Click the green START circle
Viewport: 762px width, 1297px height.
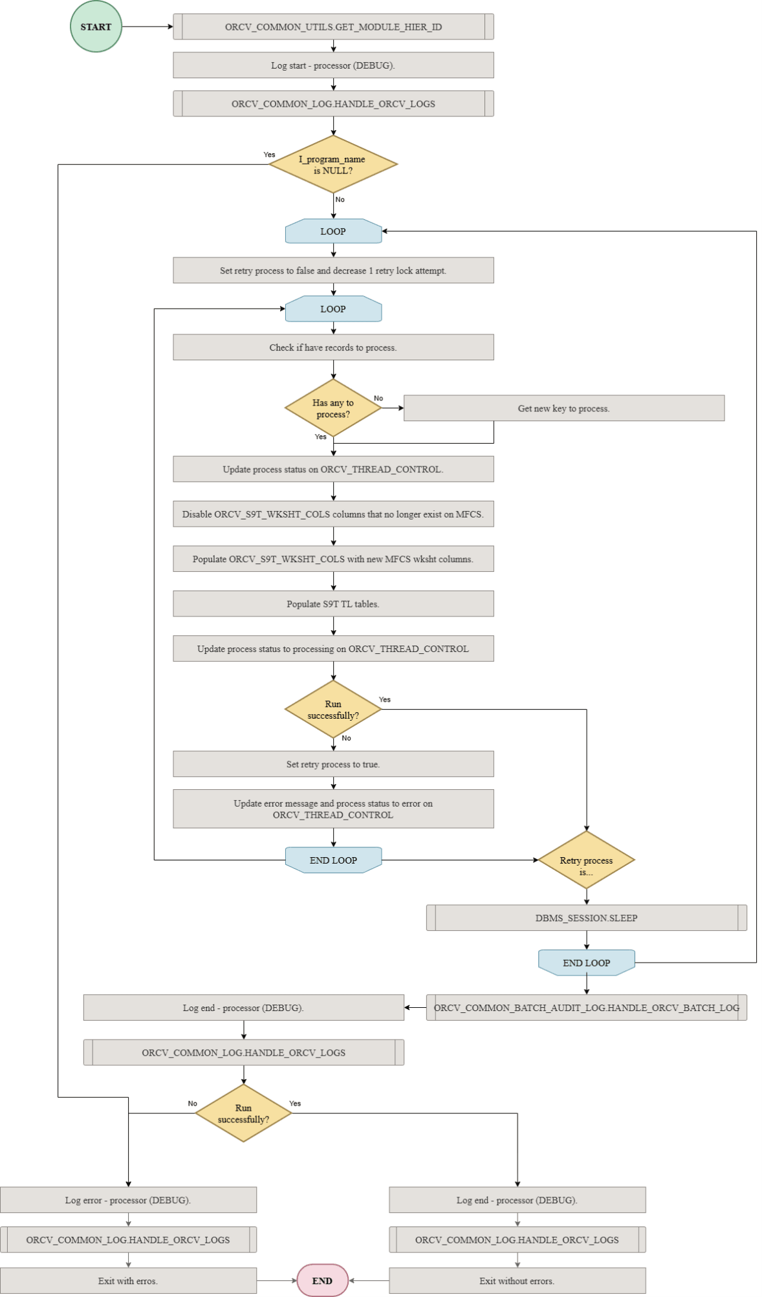click(96, 27)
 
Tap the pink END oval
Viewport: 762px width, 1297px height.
click(322, 1280)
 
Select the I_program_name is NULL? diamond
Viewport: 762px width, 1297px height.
click(333, 164)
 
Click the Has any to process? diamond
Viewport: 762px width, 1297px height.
click(333, 408)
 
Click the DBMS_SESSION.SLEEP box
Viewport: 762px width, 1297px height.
click(586, 918)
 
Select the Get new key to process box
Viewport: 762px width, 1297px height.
click(563, 408)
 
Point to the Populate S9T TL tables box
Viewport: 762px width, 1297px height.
click(333, 604)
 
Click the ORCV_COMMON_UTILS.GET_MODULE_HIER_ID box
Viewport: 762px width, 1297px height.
click(333, 27)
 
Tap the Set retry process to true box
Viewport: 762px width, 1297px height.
click(333, 764)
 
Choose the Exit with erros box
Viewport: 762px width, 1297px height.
click(128, 1281)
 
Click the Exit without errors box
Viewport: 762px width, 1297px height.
click(517, 1281)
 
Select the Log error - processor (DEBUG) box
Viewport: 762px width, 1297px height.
click(128, 1200)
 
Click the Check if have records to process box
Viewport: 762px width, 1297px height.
click(333, 347)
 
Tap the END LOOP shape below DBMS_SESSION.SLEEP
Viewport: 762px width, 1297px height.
click(586, 963)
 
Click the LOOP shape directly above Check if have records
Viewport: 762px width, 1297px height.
click(333, 309)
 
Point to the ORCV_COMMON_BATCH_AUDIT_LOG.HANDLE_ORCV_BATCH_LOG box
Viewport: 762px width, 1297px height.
click(586, 1008)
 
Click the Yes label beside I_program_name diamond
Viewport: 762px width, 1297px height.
click(269, 155)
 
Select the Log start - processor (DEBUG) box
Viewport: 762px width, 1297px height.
click(333, 65)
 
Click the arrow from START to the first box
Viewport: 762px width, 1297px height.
click(147, 27)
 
